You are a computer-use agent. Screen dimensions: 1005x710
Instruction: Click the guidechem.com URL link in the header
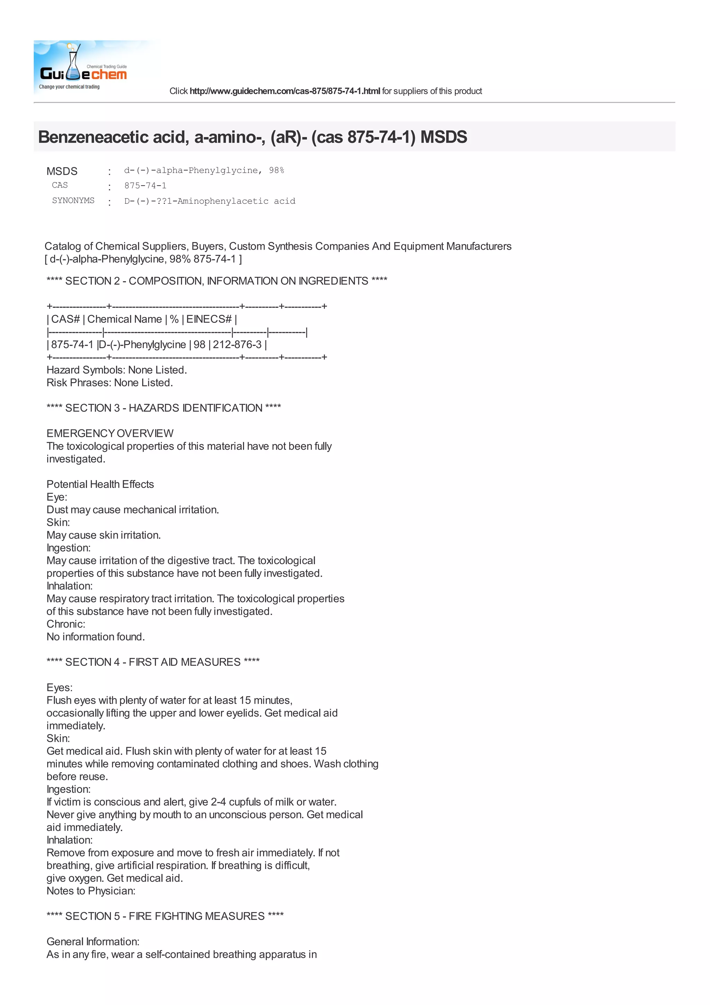pyautogui.click(x=284, y=91)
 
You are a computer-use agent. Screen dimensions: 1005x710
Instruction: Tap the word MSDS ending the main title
pyautogui.click(x=444, y=137)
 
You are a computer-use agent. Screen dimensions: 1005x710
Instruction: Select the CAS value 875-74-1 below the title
pyautogui.click(x=145, y=186)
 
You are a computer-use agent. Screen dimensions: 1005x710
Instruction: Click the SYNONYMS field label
pyautogui.click(x=73, y=200)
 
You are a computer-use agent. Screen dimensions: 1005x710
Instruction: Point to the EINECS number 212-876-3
pyautogui.click(x=237, y=345)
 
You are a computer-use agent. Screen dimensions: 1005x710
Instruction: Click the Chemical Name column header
pyautogui.click(x=124, y=319)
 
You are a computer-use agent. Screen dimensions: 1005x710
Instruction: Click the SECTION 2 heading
pyautogui.click(x=217, y=281)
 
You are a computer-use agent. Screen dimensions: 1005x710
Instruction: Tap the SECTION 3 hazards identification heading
pyautogui.click(x=164, y=408)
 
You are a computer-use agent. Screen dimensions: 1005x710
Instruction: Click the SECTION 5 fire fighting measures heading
pyautogui.click(x=165, y=916)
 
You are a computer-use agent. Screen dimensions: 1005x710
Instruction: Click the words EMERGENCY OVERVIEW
pyautogui.click(x=110, y=433)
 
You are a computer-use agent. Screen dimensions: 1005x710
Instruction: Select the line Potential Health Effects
pyautogui.click(x=100, y=484)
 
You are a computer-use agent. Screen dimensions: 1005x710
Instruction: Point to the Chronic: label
pyautogui.click(x=66, y=624)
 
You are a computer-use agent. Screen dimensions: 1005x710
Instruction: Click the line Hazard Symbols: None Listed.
pyautogui.click(x=117, y=370)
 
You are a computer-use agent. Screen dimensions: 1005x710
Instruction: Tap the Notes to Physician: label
pyautogui.click(x=91, y=891)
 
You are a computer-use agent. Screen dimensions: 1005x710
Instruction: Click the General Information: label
pyautogui.click(x=93, y=942)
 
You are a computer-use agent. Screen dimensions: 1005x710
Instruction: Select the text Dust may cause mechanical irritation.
pyautogui.click(x=132, y=509)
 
